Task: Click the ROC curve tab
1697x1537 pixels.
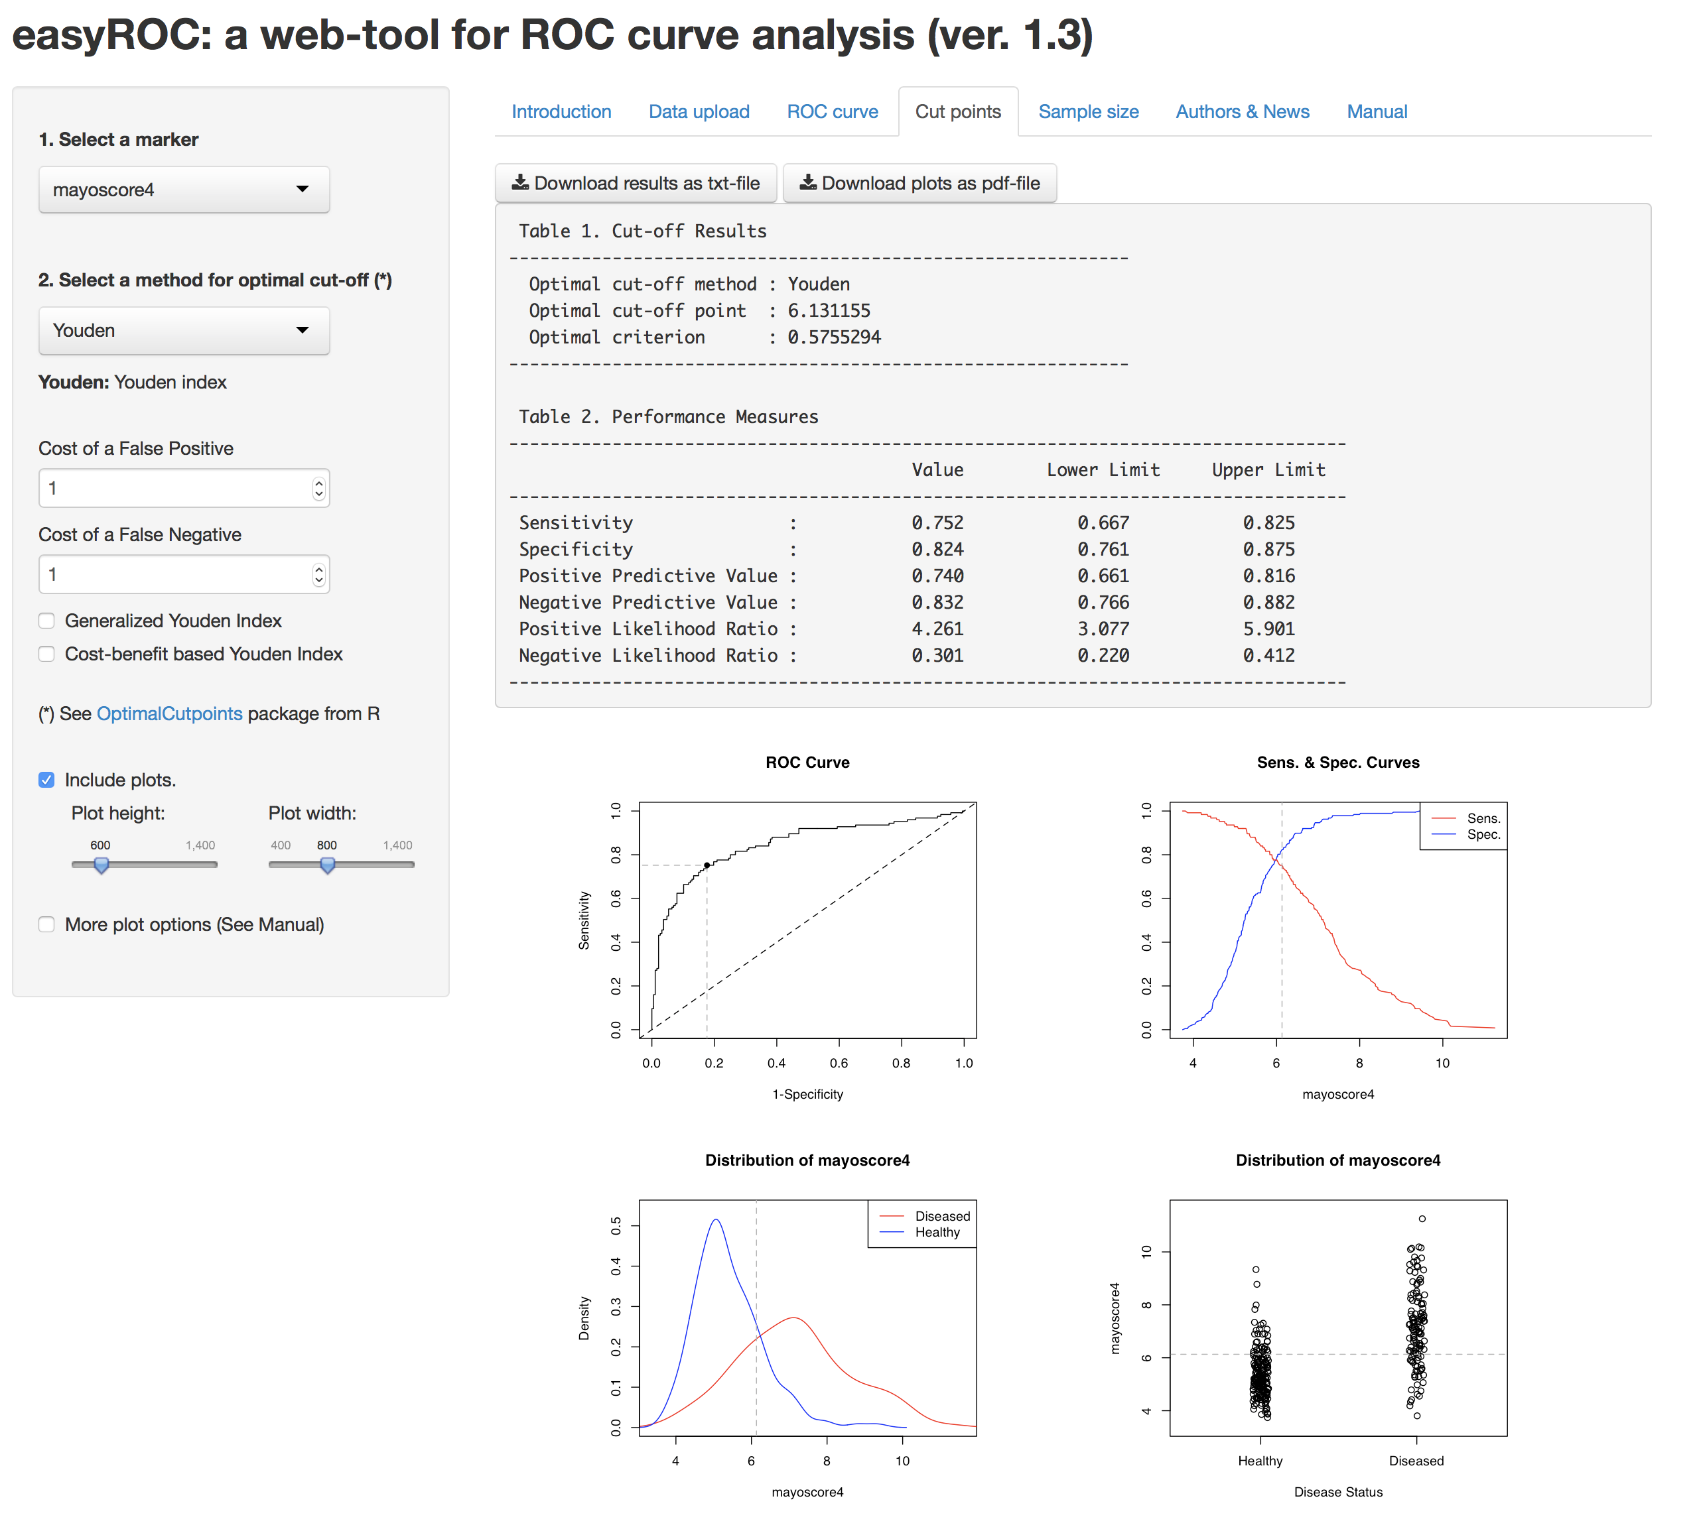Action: click(x=832, y=112)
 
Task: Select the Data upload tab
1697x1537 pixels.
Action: click(x=699, y=112)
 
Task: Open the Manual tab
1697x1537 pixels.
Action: click(x=1377, y=112)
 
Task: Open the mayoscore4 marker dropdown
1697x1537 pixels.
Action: click(x=184, y=190)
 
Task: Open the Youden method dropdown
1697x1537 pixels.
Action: click(x=184, y=331)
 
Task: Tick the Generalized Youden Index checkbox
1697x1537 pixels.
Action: click(x=47, y=621)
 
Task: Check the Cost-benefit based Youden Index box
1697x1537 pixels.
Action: click(x=47, y=654)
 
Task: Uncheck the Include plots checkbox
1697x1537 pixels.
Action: click(x=47, y=780)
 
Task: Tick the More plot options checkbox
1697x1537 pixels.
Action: click(x=47, y=924)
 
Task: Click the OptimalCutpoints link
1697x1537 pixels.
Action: click(x=169, y=713)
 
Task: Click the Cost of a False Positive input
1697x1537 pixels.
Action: click(x=176, y=488)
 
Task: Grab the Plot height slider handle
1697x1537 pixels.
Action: click(x=101, y=864)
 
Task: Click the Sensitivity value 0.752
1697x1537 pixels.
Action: click(x=937, y=523)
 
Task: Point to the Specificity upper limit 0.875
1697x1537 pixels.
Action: click(x=1268, y=549)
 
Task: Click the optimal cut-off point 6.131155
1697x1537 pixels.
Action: click(x=829, y=310)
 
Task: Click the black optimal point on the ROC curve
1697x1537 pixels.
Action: click(x=707, y=865)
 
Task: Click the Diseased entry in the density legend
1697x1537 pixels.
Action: click(x=942, y=1217)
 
